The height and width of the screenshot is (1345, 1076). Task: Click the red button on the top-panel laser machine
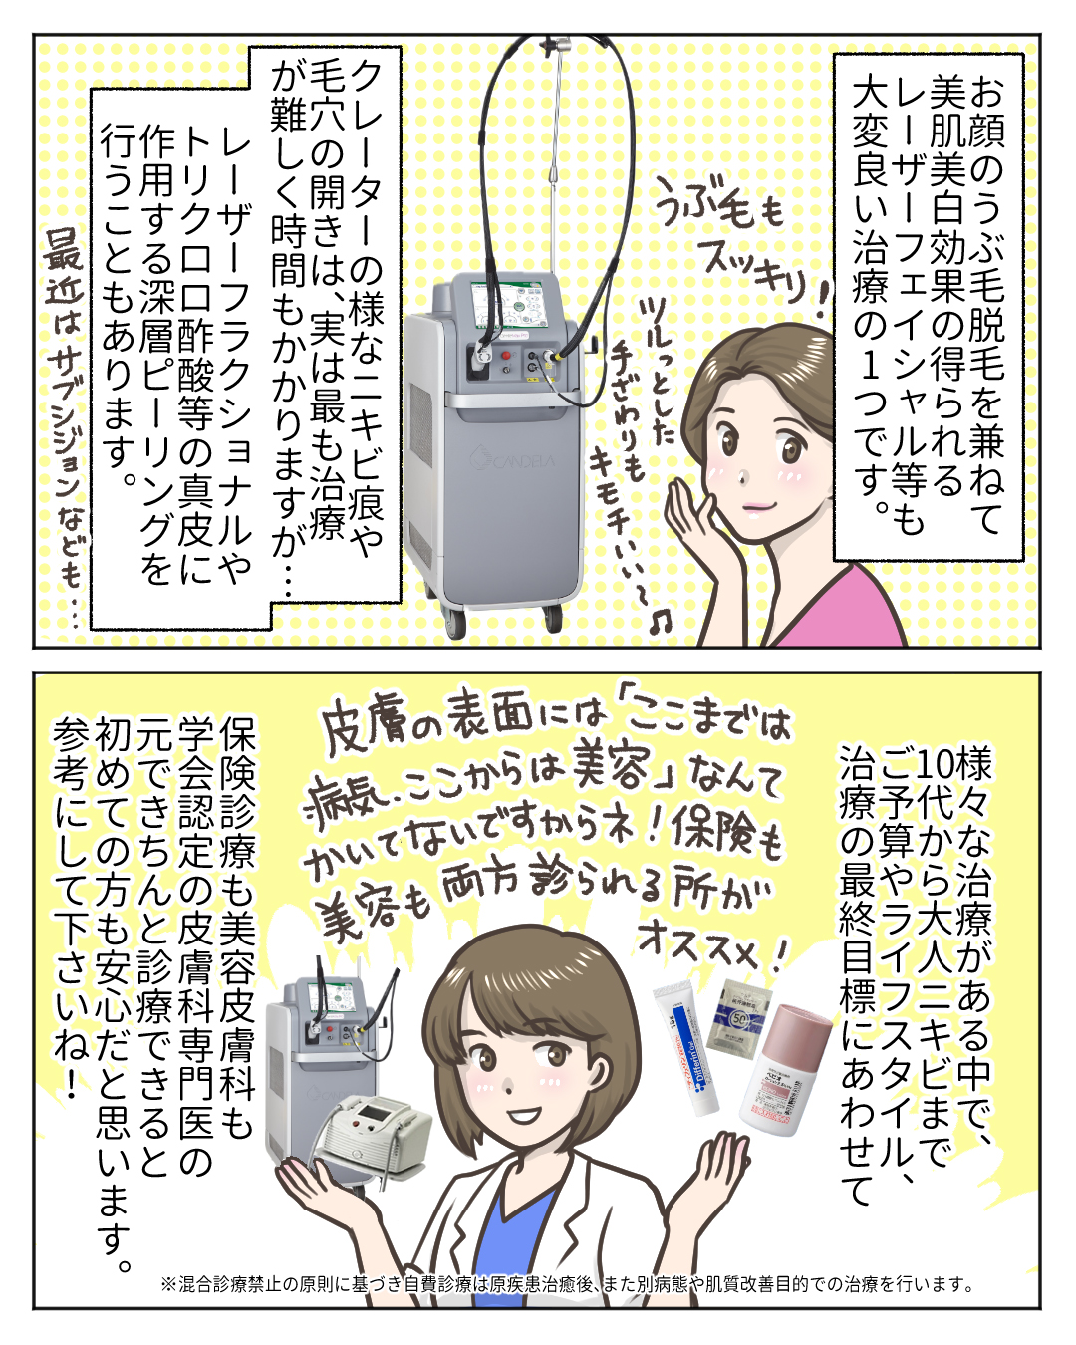pos(506,357)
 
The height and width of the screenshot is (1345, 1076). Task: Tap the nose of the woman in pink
pos(741,477)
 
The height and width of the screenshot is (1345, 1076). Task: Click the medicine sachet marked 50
pos(737,1015)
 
